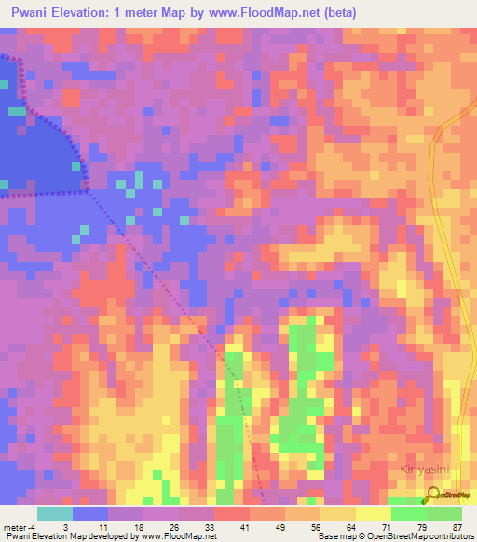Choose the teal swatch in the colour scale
(x=55, y=513)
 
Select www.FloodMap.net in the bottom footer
(x=182, y=536)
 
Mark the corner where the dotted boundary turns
(x=87, y=191)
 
